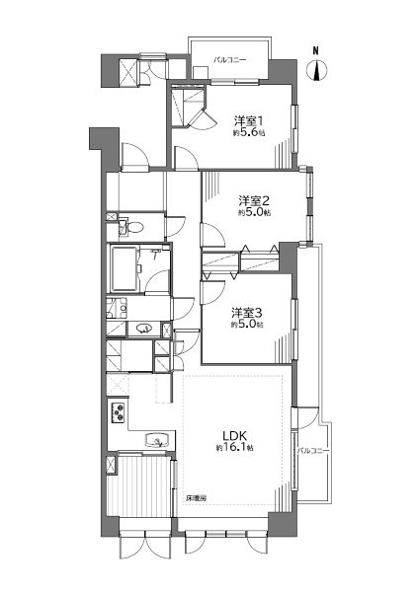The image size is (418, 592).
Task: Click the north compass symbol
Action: (315, 71)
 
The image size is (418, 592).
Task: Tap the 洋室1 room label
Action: (248, 121)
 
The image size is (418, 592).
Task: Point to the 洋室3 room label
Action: (247, 313)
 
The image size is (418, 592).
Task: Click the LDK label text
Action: (234, 436)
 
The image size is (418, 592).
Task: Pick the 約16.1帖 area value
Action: (234, 448)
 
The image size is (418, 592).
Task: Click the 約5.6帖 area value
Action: (248, 133)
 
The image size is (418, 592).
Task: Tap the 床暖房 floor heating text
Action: (197, 498)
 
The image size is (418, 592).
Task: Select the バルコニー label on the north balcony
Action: (230, 59)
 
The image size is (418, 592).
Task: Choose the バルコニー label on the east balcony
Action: (313, 451)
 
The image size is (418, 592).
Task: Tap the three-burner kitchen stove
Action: (118, 412)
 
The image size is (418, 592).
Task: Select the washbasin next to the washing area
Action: (144, 329)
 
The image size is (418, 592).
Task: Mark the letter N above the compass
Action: (315, 50)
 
